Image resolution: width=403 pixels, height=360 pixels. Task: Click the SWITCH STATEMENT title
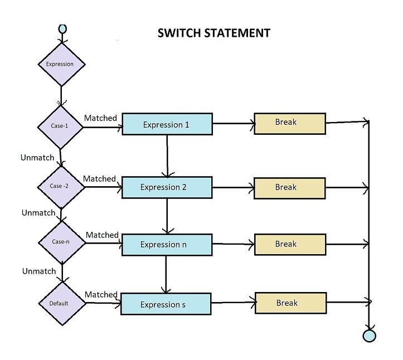[x=214, y=33]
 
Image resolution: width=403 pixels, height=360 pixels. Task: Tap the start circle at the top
[x=62, y=28]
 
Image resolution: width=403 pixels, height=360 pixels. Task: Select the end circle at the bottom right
[x=369, y=335]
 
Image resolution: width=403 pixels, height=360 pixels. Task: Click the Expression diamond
[x=60, y=64]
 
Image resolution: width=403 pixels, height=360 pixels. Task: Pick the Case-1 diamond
[x=60, y=126]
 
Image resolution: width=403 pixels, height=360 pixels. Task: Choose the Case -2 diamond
[x=60, y=186]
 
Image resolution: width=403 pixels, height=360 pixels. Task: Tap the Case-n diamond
[x=61, y=242]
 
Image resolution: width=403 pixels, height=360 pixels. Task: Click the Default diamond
[x=62, y=303]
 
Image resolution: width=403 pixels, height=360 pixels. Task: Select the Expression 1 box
[x=167, y=124]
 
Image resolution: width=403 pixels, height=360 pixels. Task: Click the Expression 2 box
[x=167, y=187]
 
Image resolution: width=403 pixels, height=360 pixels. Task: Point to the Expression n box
[x=167, y=245]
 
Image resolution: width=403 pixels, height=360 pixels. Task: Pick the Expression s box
[x=166, y=304]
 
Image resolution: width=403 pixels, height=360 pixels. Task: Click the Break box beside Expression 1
[x=289, y=123]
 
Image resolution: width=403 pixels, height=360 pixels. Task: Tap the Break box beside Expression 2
[x=289, y=188]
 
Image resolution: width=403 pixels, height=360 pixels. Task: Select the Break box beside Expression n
[x=289, y=244]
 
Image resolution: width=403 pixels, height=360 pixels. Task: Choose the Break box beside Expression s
[x=290, y=303]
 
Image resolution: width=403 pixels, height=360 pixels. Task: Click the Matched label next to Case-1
[x=100, y=118]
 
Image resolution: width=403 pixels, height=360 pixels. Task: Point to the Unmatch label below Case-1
[x=37, y=158]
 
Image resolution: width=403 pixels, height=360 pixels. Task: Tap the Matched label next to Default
[x=101, y=294]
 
